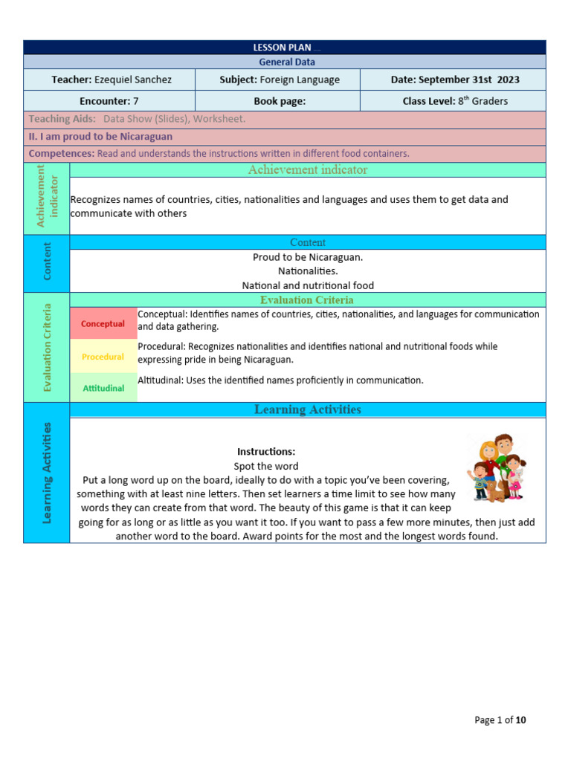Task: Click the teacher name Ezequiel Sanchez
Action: tap(132, 80)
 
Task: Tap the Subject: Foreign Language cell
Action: tap(280, 80)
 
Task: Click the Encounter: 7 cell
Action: tap(109, 101)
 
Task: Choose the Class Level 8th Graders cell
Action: tap(455, 101)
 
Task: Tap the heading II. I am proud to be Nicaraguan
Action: tap(100, 136)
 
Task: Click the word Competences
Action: tap(61, 153)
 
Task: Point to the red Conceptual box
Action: tap(103, 324)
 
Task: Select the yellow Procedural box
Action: tap(103, 357)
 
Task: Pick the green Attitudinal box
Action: tap(103, 388)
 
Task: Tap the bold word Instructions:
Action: tap(266, 452)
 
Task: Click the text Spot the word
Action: tap(266, 466)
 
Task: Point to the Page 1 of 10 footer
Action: tap(500, 719)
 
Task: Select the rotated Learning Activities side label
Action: tap(47, 473)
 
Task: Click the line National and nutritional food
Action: tap(308, 285)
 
